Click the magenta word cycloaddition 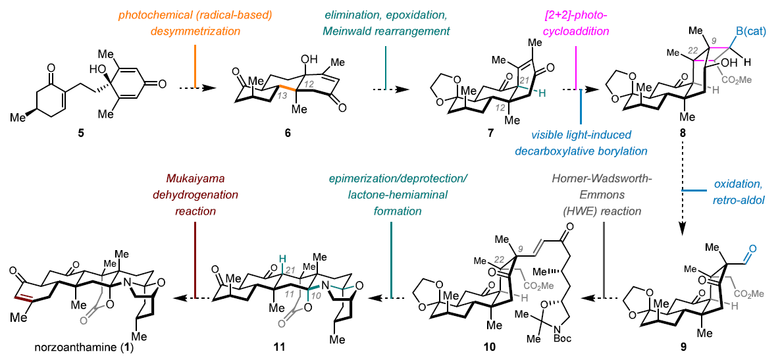point(577,30)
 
